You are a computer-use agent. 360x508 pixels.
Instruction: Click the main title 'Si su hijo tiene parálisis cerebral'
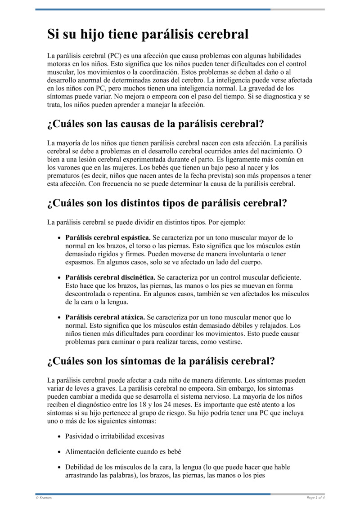148,34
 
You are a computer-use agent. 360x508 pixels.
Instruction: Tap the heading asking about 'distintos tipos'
167,203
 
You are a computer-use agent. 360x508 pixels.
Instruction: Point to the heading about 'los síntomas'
161,361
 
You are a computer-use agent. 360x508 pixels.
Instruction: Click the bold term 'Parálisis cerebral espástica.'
108,237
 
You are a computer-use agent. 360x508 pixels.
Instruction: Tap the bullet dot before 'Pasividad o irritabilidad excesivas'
59,437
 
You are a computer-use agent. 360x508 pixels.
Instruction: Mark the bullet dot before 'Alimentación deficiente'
59,452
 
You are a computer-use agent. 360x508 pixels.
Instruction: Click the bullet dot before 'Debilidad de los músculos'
59,467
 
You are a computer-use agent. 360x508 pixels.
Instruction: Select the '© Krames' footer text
44,498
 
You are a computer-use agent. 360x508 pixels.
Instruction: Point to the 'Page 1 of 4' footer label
315,498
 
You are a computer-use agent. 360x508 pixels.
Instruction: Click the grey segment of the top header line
297,9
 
